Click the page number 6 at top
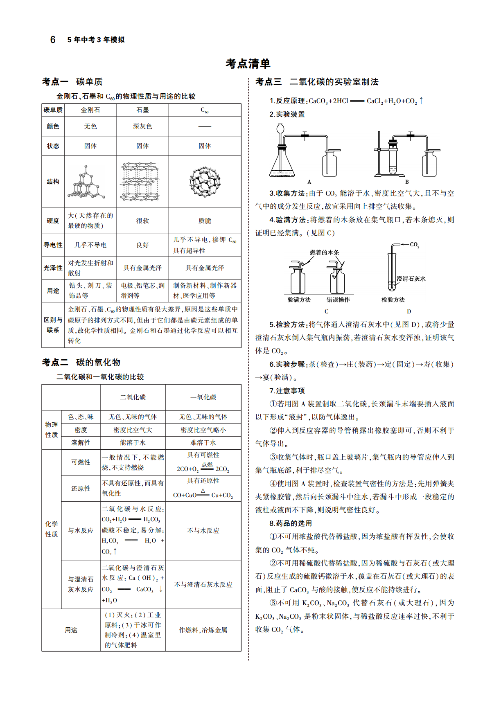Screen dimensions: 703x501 click(53, 40)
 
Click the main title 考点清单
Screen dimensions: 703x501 click(248, 63)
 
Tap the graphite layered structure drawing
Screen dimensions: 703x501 click(140, 182)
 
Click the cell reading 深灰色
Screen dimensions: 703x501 click(142, 126)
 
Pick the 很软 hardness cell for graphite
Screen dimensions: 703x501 click(142, 221)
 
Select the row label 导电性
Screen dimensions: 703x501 click(53, 245)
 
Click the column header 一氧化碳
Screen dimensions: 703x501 click(203, 397)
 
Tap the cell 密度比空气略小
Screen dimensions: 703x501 click(203, 430)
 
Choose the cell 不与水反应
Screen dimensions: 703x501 click(203, 530)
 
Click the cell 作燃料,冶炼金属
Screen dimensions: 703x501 click(203, 630)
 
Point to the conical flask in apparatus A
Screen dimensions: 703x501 click(282, 162)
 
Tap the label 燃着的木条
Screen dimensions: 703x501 click(324, 252)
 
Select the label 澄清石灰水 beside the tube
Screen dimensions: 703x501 click(411, 279)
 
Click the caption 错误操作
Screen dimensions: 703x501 click(338, 300)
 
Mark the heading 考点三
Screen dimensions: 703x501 click(269, 82)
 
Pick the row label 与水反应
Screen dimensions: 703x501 click(81, 530)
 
